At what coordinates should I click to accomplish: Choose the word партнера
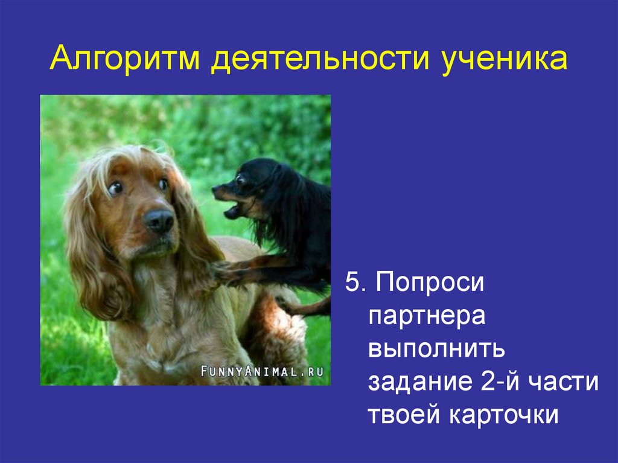coord(427,316)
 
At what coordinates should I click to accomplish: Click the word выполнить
coord(438,350)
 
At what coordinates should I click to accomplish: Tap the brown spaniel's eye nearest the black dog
coord(164,184)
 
